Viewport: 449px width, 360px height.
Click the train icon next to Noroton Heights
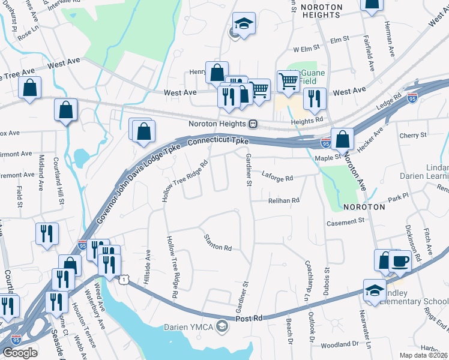[x=253, y=124]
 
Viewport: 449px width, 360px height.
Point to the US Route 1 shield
[x=124, y=280]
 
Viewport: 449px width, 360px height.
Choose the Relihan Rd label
[x=284, y=200]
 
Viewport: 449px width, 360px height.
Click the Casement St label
[x=345, y=221]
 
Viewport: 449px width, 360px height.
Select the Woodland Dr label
[x=340, y=344]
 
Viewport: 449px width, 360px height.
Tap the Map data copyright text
[x=423, y=355]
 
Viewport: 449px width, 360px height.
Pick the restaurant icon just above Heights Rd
[x=315, y=98]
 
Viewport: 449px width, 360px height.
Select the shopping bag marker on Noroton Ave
[x=342, y=139]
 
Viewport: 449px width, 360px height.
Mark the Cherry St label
[x=413, y=136]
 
